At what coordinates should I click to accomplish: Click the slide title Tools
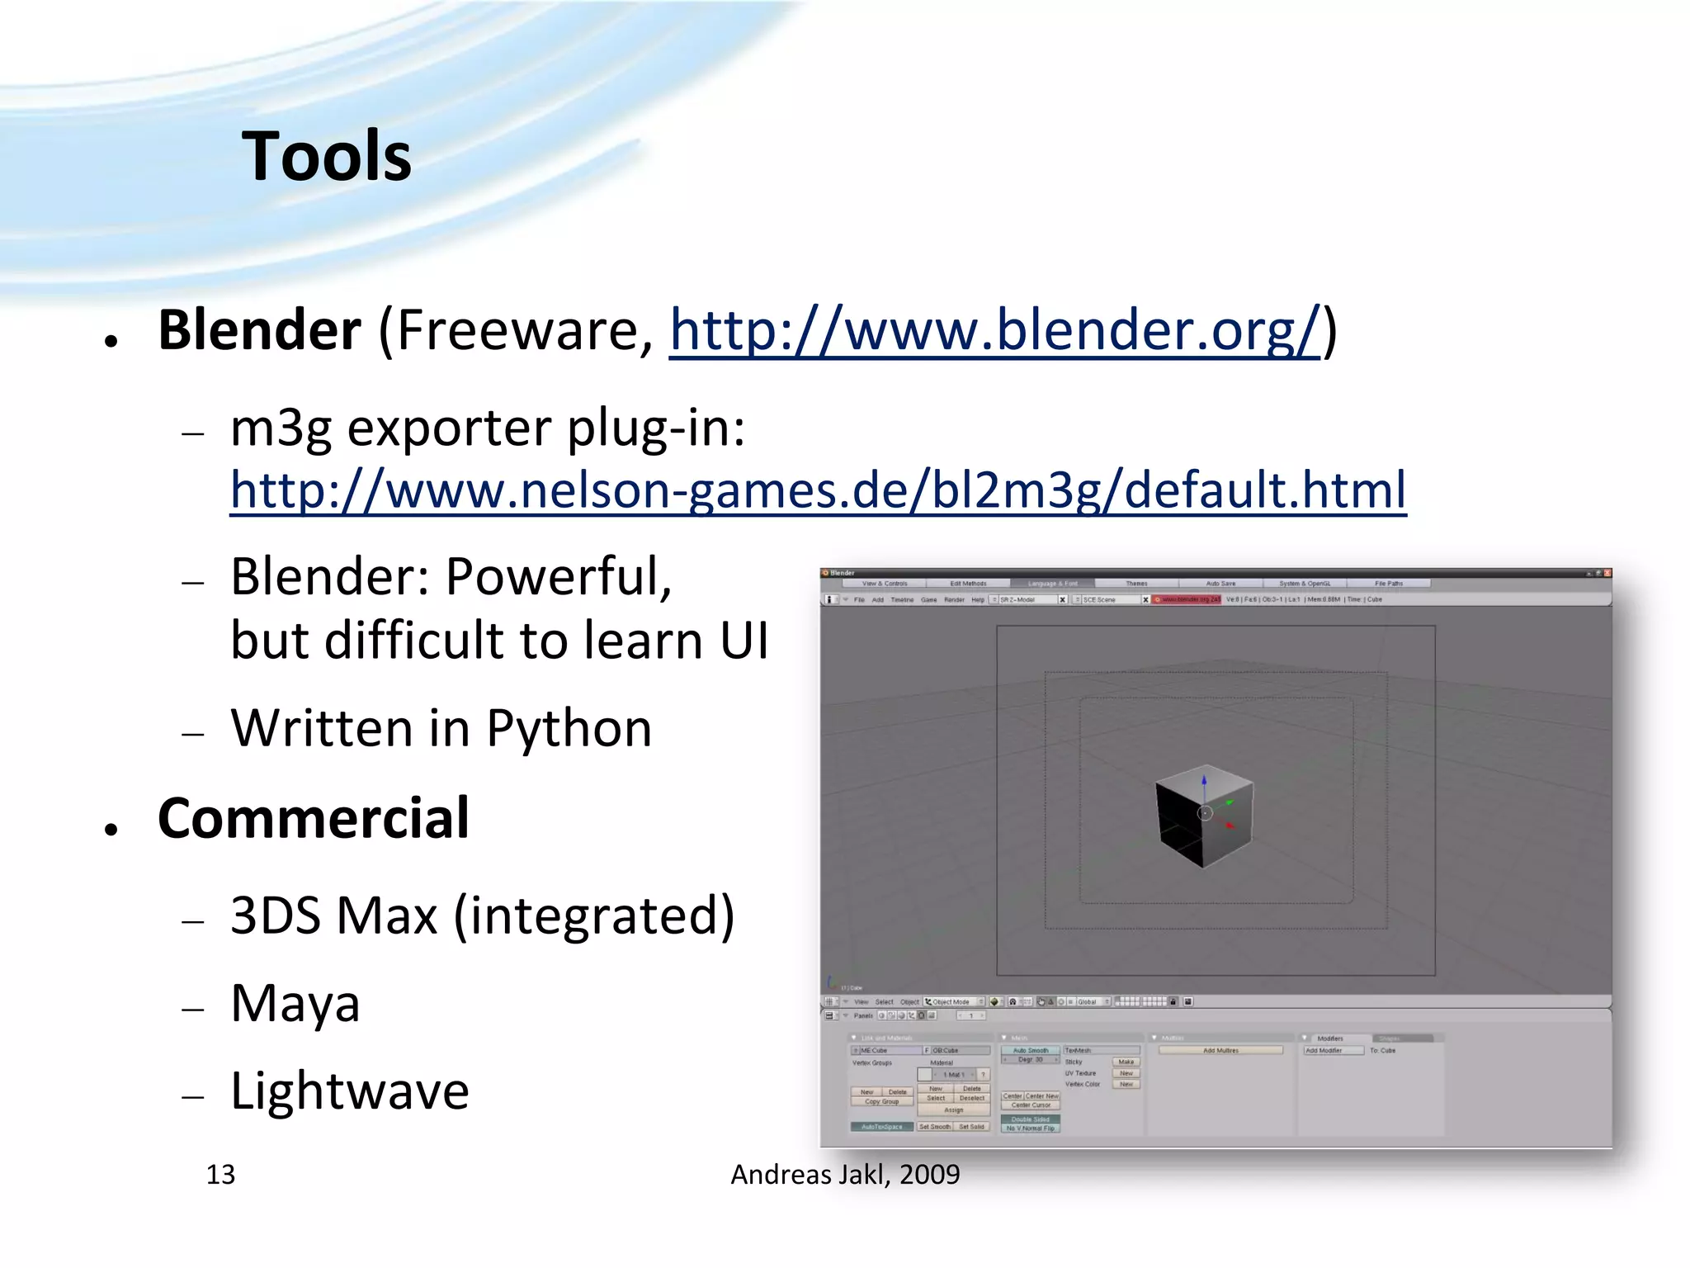[x=327, y=157]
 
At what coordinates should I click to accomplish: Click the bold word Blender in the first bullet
[x=259, y=330]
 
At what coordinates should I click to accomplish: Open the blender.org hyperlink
[x=994, y=330]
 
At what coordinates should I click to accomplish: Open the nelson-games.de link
[x=817, y=490]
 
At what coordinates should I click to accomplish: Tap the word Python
[x=569, y=729]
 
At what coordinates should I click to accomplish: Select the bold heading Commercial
[x=314, y=819]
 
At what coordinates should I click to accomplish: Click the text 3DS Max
[x=333, y=916]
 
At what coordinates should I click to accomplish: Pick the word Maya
[x=295, y=1004]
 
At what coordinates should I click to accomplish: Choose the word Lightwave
[x=349, y=1091]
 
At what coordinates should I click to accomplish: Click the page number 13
[x=220, y=1175]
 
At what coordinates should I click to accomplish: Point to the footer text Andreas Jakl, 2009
[x=845, y=1175]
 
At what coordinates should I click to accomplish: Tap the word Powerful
[x=559, y=577]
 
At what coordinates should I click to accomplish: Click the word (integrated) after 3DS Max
[x=594, y=916]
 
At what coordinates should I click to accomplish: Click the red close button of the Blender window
[x=1607, y=573]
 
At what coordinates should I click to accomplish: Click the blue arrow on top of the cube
[x=1204, y=779]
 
